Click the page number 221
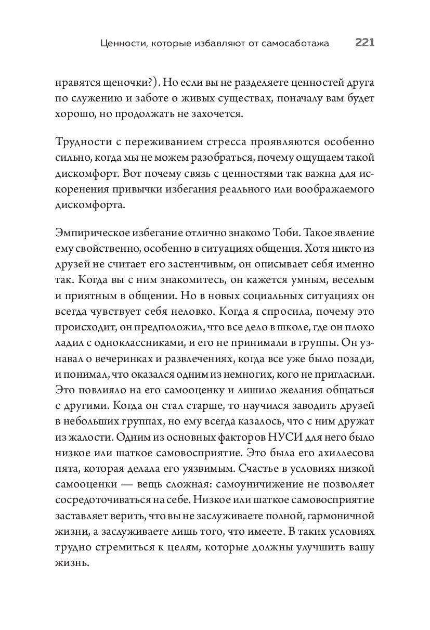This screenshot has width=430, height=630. tap(365, 44)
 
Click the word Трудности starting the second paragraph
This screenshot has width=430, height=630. tap(83, 143)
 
